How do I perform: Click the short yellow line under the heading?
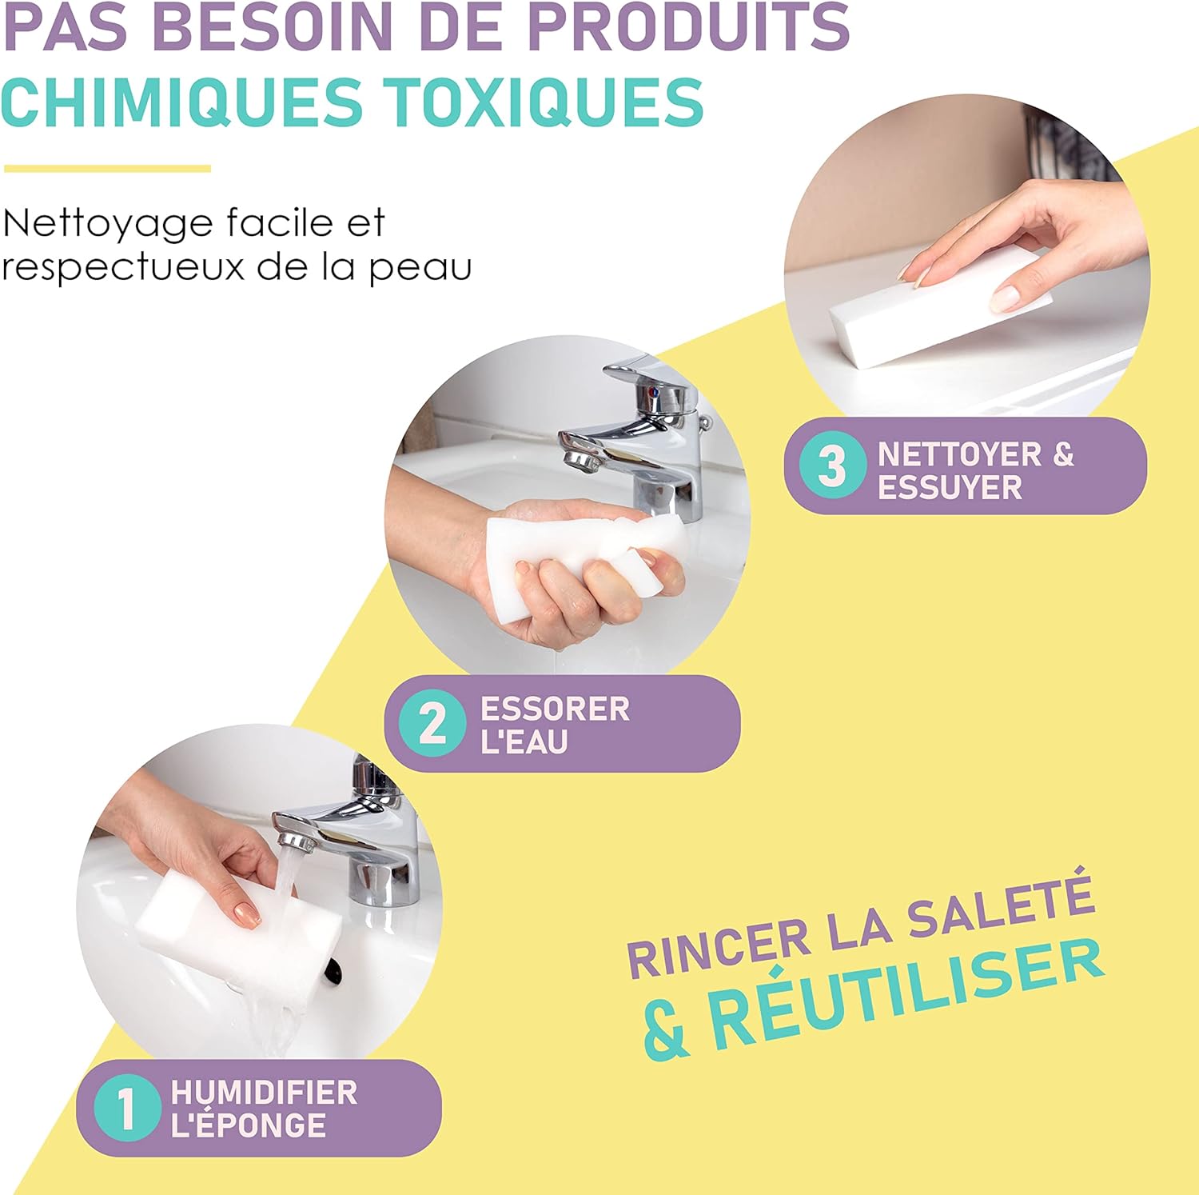point(107,169)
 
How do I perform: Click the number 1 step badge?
point(126,1109)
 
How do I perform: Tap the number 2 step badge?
point(432,723)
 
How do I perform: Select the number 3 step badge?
point(832,466)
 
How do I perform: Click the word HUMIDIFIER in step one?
point(264,1092)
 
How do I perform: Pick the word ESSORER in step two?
point(555,709)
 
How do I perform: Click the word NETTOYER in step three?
point(959,454)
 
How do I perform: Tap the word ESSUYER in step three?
point(950,488)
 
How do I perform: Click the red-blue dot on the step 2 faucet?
point(654,393)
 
